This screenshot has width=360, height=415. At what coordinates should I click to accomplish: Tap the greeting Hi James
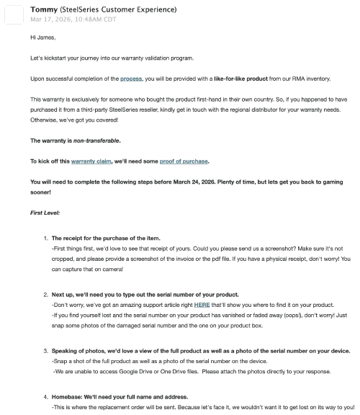click(42, 36)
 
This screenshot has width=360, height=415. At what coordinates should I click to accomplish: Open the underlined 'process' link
click(131, 77)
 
